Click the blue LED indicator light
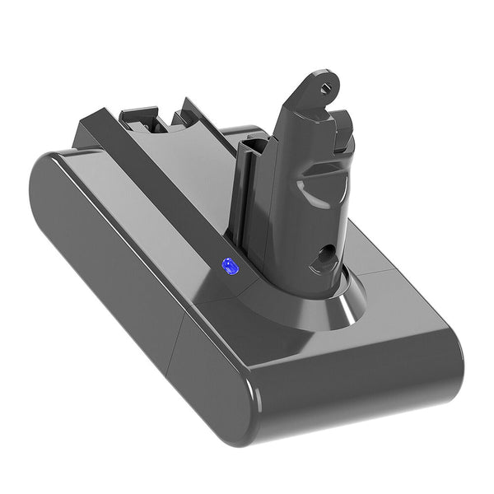point(228,266)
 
